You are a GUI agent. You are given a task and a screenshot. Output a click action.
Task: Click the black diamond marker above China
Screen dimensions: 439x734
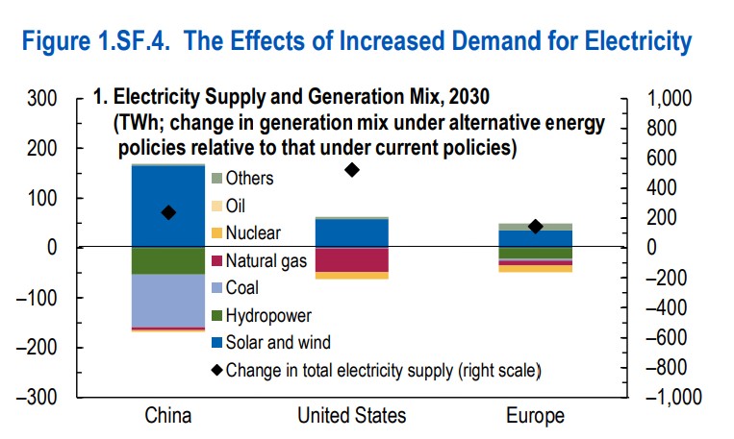168,212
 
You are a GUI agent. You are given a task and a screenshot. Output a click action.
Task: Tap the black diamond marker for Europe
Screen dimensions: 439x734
536,227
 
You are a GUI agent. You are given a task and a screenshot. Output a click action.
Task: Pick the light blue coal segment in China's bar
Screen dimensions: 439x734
168,301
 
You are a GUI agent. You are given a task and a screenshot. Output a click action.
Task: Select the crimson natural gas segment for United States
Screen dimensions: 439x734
351,259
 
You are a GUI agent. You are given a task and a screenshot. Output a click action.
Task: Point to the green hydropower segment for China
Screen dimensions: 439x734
168,261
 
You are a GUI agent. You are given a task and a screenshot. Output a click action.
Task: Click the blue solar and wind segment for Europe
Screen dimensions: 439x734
536,238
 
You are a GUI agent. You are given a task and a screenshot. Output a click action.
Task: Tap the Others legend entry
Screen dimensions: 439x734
248,178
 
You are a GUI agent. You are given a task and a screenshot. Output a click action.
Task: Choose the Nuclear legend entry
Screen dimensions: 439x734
253,232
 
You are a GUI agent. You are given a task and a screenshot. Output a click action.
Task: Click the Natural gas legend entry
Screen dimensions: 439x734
261,259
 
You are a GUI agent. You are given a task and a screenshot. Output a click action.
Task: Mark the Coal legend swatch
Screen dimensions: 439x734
216,287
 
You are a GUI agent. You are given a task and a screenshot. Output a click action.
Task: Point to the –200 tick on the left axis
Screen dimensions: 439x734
40,347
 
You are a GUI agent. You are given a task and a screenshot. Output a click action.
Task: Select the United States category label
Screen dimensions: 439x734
351,416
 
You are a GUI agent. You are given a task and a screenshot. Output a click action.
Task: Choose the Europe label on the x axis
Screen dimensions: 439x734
536,416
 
